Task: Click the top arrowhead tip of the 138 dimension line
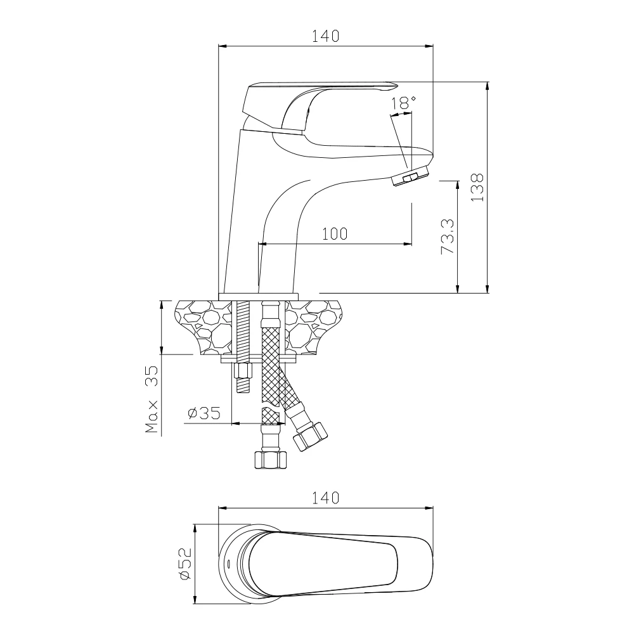pos(487,82)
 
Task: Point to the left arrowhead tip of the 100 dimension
pos(258,244)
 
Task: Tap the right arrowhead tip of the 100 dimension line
pos(412,244)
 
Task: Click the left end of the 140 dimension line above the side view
pos(218,46)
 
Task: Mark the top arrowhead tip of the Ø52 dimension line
pos(195,524)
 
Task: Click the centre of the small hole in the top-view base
pos(228,563)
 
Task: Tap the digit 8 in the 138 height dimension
pos(477,178)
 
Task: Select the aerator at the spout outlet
pos(411,175)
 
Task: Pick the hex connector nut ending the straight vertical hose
pos(271,460)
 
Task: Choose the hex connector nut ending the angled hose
pos(310,436)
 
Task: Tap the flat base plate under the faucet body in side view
pos(258,297)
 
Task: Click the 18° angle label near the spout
pos(403,103)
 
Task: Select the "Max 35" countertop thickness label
pos(152,399)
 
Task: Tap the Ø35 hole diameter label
pos(204,413)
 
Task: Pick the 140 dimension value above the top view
pos(325,497)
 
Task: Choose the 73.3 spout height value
pos(448,236)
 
